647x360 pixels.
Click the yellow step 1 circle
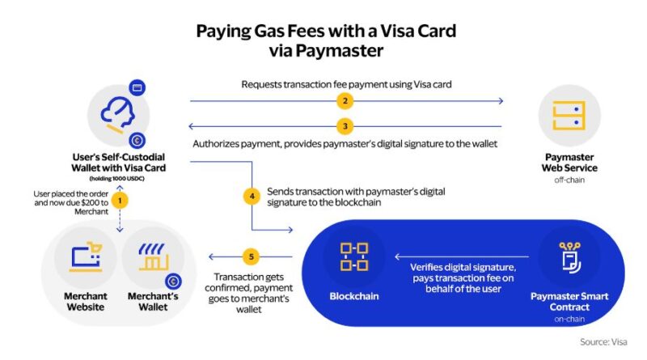(120, 201)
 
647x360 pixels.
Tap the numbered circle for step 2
(345, 101)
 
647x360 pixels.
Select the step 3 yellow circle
(345, 126)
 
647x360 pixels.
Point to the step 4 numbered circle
(252, 196)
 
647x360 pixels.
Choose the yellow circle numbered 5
(251, 256)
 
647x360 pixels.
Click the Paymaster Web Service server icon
(569, 116)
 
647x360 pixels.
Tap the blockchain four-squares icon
(354, 256)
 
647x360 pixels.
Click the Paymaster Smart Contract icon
(570, 257)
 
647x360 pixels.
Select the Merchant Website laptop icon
(86, 256)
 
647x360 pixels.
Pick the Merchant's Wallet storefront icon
(153, 256)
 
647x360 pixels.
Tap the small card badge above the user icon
(137, 88)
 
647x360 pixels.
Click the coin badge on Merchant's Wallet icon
(173, 282)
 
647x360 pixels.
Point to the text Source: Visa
(603, 342)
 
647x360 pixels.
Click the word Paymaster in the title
(339, 51)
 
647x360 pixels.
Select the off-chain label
(569, 180)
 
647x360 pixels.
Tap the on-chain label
(569, 319)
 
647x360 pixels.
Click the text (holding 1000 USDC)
(116, 179)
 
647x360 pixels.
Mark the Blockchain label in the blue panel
(354, 296)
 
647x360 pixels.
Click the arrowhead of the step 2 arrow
(501, 101)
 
